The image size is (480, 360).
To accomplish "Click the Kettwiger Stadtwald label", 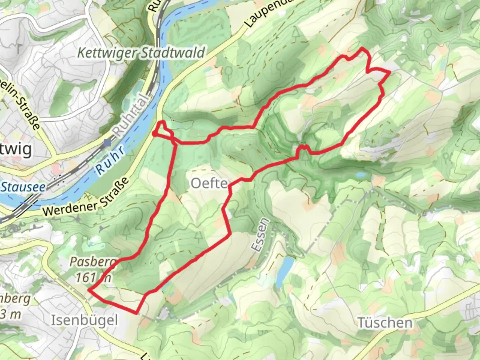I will (x=141, y=53).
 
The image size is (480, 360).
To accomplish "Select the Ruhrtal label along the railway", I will (x=130, y=115).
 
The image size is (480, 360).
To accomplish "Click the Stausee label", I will (x=22, y=187).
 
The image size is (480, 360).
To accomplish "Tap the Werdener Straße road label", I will (x=86, y=197).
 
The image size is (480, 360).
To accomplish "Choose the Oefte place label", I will (x=209, y=183).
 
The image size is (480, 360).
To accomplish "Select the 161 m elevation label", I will (x=93, y=277).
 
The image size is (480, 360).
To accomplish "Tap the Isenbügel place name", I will (x=84, y=320).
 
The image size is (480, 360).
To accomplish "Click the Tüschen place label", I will (x=385, y=323).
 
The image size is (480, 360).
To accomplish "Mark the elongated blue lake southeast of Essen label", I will (x=284, y=272).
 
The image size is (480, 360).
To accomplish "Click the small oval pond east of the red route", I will (x=360, y=175).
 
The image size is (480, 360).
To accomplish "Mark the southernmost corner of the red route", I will (x=136, y=313).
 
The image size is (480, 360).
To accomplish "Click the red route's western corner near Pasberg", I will (x=89, y=290).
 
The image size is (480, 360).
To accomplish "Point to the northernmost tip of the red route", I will (x=363, y=49).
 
